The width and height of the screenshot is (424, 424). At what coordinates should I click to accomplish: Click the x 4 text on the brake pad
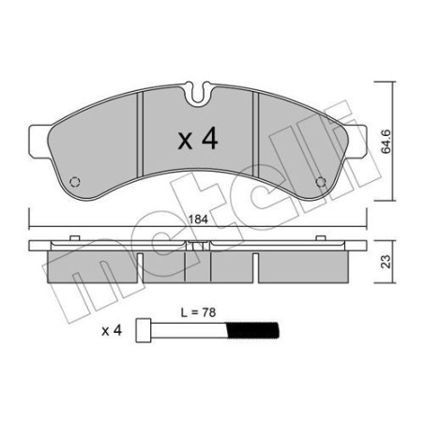click(x=197, y=141)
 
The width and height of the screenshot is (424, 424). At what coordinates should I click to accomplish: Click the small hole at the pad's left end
click(x=79, y=183)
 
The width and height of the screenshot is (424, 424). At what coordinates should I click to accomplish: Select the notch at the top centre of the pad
click(x=197, y=92)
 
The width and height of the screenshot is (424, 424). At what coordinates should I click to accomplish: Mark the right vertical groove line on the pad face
click(x=255, y=141)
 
